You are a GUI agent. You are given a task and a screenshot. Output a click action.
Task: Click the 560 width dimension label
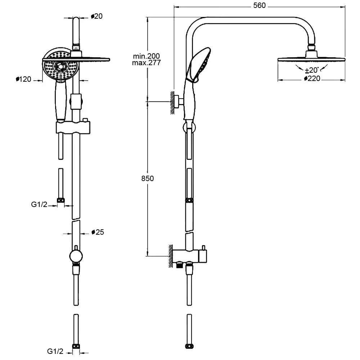tap(259, 5)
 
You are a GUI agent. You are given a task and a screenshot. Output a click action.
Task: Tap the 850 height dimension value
tap(148, 179)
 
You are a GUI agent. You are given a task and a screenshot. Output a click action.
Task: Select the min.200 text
tap(146, 56)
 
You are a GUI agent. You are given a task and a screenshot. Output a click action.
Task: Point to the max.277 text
tap(146, 63)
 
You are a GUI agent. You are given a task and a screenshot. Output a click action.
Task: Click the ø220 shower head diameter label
tap(312, 78)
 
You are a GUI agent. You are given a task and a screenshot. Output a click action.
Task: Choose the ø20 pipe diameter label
tap(97, 16)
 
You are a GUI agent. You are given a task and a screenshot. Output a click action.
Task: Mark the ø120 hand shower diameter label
tap(24, 79)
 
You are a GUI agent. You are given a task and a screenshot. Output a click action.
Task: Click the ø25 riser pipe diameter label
tap(98, 232)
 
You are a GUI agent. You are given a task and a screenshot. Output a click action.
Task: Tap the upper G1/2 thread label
tap(39, 205)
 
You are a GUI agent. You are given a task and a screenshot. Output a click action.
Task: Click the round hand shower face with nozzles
tap(60, 66)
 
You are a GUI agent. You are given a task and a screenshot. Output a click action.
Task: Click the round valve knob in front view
tap(76, 256)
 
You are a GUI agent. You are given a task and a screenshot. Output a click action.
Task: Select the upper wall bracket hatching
tap(172, 102)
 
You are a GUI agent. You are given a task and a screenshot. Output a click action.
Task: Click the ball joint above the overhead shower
tap(311, 47)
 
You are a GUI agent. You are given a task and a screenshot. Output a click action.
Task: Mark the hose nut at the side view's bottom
tap(189, 347)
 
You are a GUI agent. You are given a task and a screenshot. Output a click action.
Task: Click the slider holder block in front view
tap(74, 127)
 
